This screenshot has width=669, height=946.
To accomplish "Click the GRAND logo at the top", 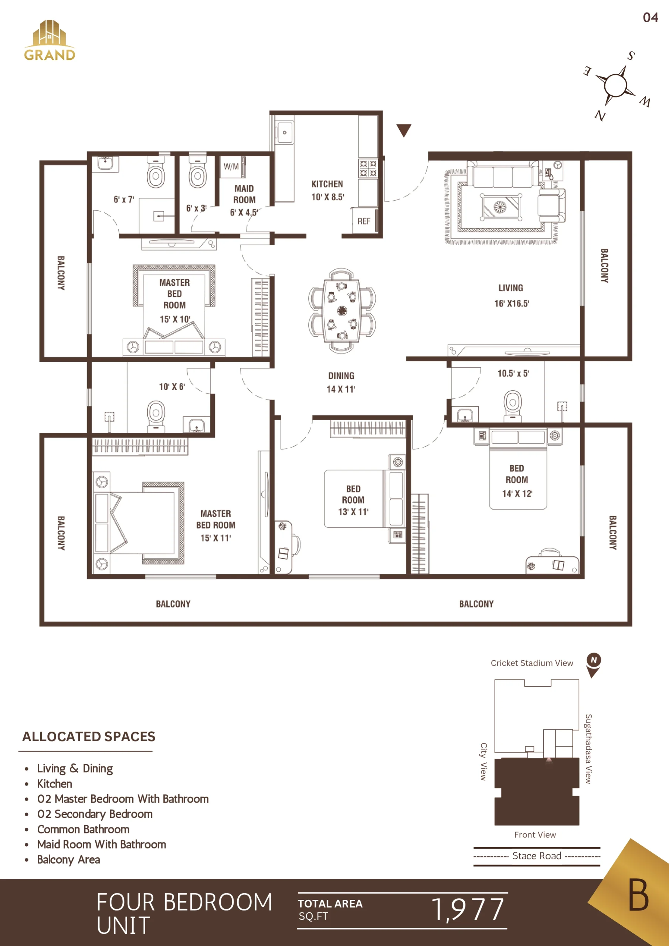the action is [50, 40].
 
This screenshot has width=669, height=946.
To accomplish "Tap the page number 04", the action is [651, 17].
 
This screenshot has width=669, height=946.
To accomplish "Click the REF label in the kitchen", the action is [364, 221].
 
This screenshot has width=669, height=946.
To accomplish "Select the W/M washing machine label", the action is [231, 166].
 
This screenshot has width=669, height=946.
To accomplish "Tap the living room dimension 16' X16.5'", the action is [512, 304].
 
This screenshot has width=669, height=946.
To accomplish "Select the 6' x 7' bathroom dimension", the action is [124, 200].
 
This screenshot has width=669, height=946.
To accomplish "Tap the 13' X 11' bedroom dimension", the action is [353, 512].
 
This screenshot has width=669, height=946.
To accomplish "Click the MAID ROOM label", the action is [244, 194].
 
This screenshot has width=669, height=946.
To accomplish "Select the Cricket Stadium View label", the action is [532, 663].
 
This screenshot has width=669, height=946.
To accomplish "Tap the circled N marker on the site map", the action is [594, 660].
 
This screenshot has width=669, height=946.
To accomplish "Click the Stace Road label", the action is [537, 856].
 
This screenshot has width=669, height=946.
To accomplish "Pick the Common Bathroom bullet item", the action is [83, 829].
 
